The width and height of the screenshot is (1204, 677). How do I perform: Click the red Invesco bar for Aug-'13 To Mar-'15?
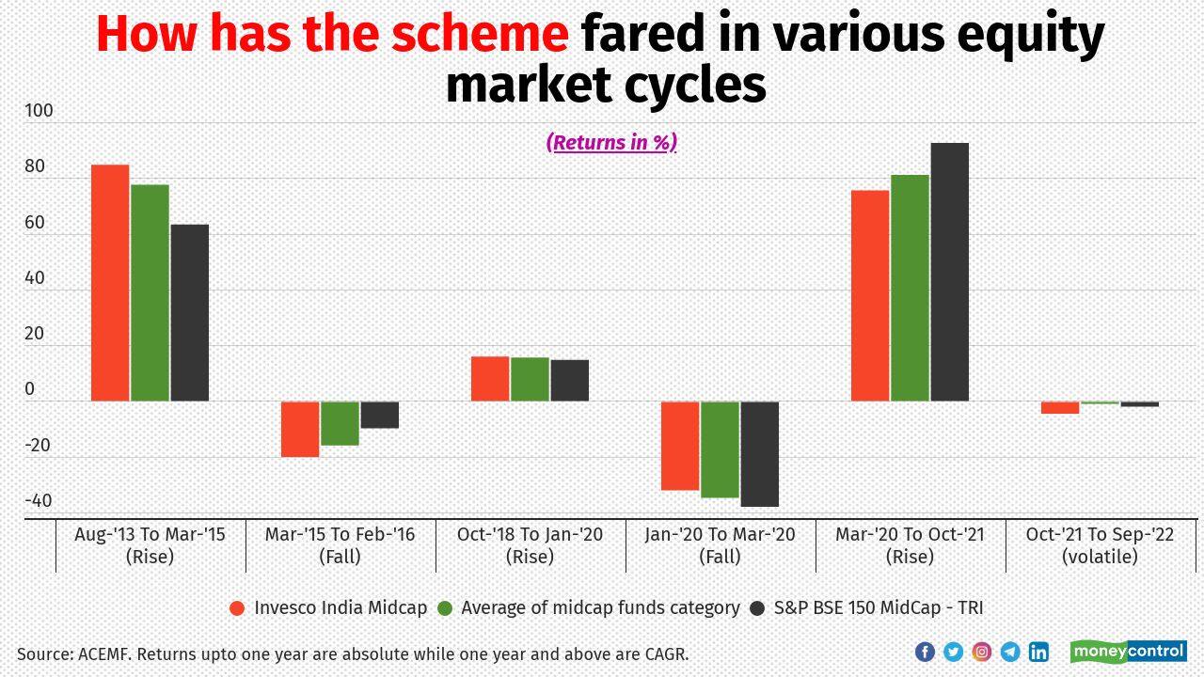point(110,282)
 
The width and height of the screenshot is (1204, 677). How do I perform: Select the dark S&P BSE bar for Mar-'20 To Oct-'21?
point(949,273)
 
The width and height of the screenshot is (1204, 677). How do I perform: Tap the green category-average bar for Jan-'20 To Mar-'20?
point(720,449)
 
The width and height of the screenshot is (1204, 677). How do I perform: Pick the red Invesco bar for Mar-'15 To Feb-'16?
point(300,429)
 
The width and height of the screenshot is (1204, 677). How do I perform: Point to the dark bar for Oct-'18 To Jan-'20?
point(569,380)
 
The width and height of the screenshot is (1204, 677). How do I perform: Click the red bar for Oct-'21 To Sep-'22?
point(1060,407)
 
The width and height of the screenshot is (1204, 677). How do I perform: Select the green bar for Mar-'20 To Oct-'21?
point(910,288)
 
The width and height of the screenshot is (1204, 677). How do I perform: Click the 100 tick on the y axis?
point(39,111)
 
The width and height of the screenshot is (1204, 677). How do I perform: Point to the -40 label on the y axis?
point(39,501)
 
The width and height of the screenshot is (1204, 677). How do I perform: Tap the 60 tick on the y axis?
point(35,223)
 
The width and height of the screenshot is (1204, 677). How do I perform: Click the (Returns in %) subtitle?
point(611,142)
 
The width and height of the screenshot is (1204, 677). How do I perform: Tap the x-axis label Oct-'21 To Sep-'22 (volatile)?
point(1100,545)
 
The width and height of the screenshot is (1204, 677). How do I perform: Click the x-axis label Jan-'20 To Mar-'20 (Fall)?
point(720,545)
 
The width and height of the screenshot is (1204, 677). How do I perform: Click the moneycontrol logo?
point(1128,652)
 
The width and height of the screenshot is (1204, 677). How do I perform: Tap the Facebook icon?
point(925,652)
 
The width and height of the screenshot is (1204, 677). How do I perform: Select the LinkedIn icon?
point(1038,652)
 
